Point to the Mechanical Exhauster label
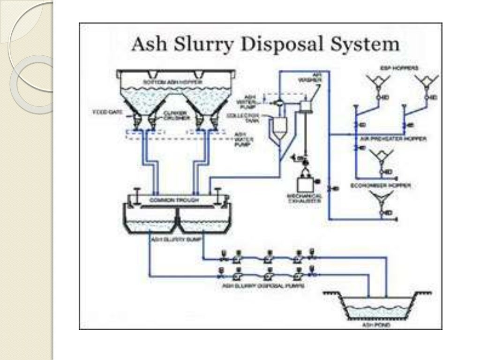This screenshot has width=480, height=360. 305,198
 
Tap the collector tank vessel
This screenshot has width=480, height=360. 279,127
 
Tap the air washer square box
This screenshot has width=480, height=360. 307,106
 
